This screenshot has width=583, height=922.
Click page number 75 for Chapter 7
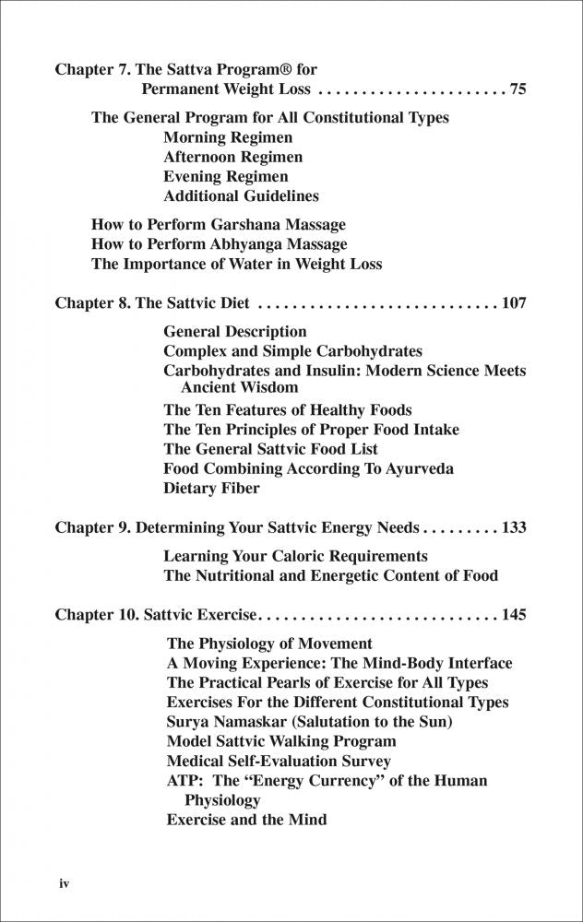(x=517, y=89)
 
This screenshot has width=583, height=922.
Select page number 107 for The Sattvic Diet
(x=513, y=301)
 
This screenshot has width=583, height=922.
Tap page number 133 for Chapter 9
(x=513, y=528)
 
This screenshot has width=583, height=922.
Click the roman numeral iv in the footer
(x=65, y=883)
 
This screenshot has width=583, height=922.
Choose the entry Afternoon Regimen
(x=232, y=157)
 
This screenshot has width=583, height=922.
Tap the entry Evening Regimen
(x=226, y=176)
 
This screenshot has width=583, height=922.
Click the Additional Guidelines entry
(x=241, y=195)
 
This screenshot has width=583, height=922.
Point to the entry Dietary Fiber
(x=211, y=489)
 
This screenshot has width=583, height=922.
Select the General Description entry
(x=235, y=331)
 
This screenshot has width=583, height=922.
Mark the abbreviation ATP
(x=183, y=781)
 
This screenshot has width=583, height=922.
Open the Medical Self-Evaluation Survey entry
(x=279, y=762)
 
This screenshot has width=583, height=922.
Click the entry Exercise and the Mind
(x=246, y=819)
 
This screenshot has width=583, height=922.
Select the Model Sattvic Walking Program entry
(x=281, y=741)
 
